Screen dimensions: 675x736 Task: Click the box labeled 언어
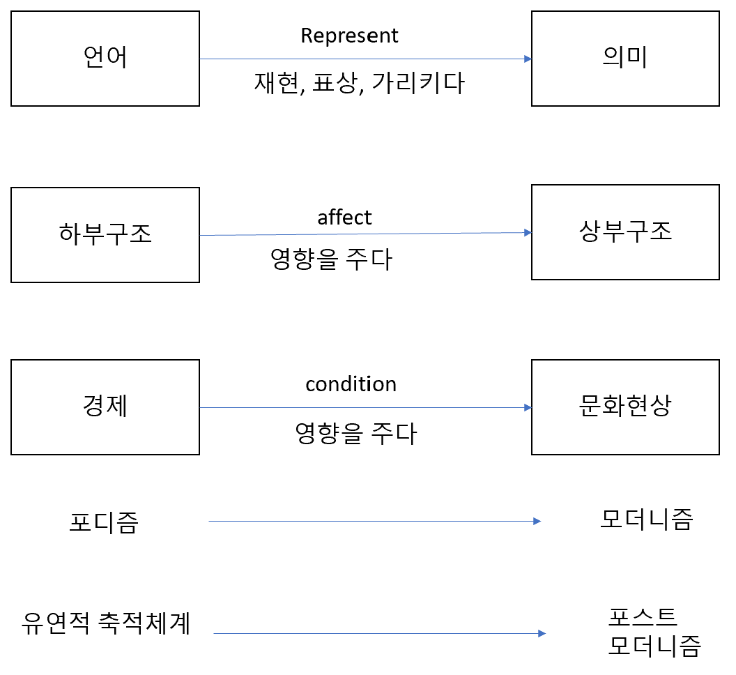click(105, 59)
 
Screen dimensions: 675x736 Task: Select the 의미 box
click(625, 59)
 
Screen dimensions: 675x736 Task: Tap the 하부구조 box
click(105, 235)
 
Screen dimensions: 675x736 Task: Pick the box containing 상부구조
click(625, 232)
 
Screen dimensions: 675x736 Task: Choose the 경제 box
click(105, 407)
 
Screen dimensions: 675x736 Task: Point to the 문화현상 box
click(625, 407)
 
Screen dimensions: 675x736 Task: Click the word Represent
click(350, 36)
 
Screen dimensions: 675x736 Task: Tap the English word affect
click(344, 218)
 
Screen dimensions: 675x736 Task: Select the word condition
click(351, 384)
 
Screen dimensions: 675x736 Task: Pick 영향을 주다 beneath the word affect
click(331, 259)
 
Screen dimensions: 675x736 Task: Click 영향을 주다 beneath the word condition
click(355, 434)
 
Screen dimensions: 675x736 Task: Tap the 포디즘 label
click(104, 522)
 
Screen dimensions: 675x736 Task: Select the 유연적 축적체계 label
click(106, 623)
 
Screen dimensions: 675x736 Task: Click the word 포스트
click(642, 616)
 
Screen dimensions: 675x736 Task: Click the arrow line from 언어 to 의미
click(362, 59)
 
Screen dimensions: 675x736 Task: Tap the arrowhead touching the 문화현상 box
click(527, 407)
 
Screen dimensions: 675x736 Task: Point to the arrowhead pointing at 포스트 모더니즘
click(541, 633)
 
